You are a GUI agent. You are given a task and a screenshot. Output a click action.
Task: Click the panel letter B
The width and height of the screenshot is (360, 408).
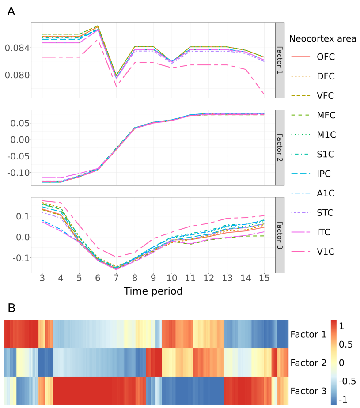coord(12,307)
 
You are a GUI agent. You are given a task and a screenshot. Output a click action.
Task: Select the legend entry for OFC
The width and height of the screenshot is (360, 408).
coord(326,57)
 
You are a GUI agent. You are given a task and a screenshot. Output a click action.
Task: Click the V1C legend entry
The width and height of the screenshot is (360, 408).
coord(326,251)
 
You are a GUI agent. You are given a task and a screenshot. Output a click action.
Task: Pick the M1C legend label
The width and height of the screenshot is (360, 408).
coord(326,135)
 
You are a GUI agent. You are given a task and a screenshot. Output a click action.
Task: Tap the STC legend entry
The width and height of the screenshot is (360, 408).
coord(326,212)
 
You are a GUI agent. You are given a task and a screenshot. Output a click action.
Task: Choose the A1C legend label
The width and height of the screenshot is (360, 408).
coord(326,193)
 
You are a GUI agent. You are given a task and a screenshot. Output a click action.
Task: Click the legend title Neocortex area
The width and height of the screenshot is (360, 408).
coord(322,38)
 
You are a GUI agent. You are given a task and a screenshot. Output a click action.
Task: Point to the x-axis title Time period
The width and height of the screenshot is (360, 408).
coord(153,291)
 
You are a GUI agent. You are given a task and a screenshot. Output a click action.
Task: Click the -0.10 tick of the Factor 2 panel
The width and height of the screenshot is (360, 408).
coord(17,172)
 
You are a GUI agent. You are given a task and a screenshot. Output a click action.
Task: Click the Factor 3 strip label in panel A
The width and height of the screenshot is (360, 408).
coord(280,235)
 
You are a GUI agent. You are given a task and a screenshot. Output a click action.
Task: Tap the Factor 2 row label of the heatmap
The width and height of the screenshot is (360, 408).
coord(308,363)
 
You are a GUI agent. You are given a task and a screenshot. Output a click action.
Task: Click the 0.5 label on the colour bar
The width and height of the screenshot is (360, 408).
coord(346,344)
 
